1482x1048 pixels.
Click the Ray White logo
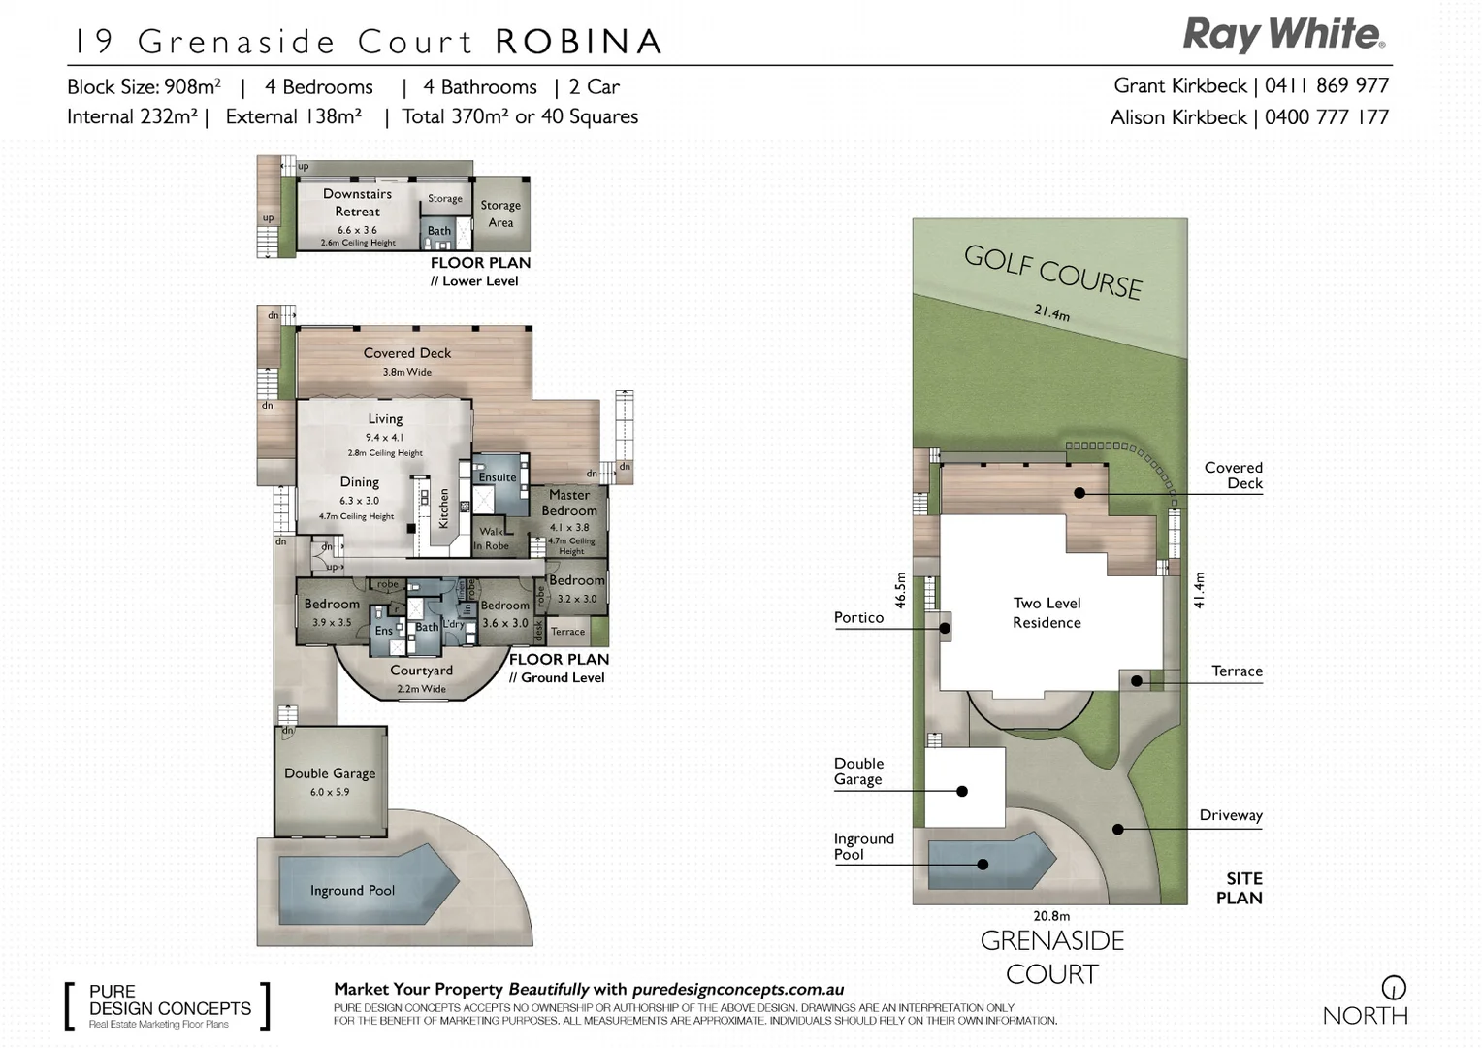click(1283, 35)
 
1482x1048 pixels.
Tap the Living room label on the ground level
click(385, 419)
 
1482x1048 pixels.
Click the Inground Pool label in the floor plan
click(352, 891)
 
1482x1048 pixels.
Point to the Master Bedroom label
click(569, 503)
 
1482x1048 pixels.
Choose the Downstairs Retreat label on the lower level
click(357, 203)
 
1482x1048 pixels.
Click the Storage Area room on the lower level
click(500, 213)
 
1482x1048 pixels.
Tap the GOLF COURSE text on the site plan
click(1052, 271)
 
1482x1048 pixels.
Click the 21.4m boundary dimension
click(1051, 312)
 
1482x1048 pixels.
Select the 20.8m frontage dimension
click(1051, 916)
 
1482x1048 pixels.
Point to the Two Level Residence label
click(1047, 612)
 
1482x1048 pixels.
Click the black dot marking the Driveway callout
click(1118, 830)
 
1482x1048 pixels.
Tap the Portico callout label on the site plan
click(858, 617)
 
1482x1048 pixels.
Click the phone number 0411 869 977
click(1326, 86)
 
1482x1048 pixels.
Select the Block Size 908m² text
click(144, 87)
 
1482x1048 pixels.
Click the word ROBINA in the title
click(579, 42)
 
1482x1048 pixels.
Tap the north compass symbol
click(1393, 989)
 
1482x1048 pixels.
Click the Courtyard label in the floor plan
click(421, 671)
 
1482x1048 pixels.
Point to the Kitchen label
click(444, 508)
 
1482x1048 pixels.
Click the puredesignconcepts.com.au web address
click(737, 990)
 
